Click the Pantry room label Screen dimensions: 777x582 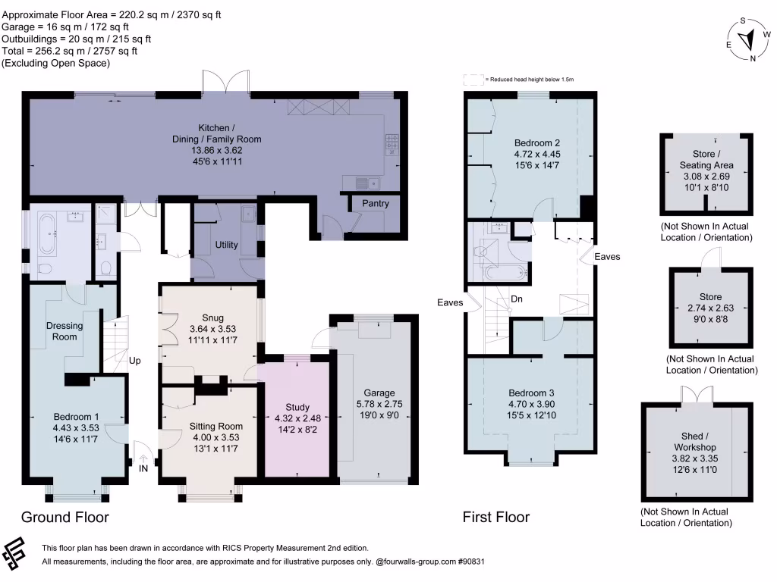point(375,203)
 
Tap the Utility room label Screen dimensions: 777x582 point(226,245)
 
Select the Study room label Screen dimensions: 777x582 point(297,407)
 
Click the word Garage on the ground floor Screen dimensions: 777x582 point(379,393)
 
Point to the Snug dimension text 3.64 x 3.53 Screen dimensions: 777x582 point(212,329)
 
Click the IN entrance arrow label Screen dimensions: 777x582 point(143,468)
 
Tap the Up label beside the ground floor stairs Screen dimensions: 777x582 point(135,360)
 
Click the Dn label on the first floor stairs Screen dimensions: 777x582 point(516,299)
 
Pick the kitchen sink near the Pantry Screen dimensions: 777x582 point(368,183)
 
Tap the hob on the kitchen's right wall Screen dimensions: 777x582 point(392,145)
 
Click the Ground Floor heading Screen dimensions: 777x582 point(65,517)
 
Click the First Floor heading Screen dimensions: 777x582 point(496,517)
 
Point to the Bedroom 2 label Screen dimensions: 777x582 point(537,143)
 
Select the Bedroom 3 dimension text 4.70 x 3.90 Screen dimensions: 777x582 point(532,404)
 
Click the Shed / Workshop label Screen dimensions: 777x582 point(695,442)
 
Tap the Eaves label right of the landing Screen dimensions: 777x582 point(608,256)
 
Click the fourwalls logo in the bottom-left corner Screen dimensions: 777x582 point(14,552)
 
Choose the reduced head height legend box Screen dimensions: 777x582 point(473,80)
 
